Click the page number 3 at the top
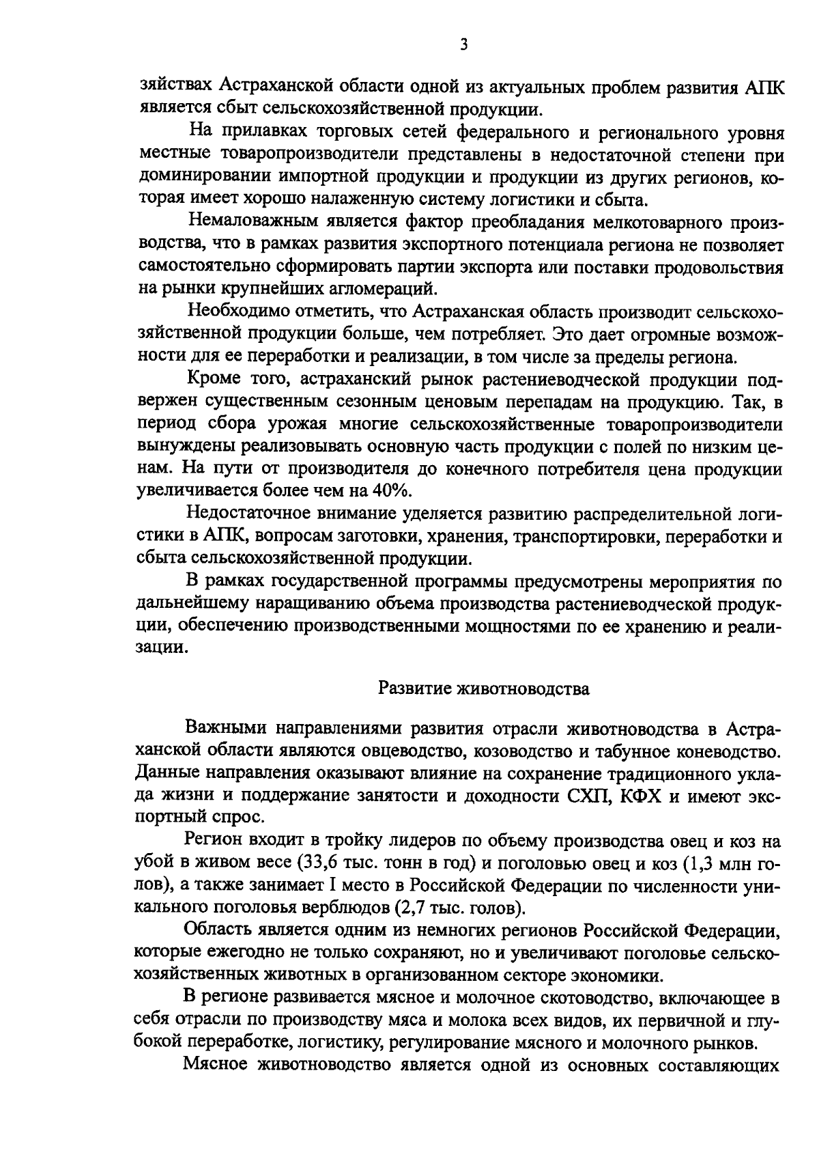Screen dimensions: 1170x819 point(463,45)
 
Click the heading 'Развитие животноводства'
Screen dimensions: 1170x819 point(483,688)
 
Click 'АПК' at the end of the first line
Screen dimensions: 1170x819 point(762,87)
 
